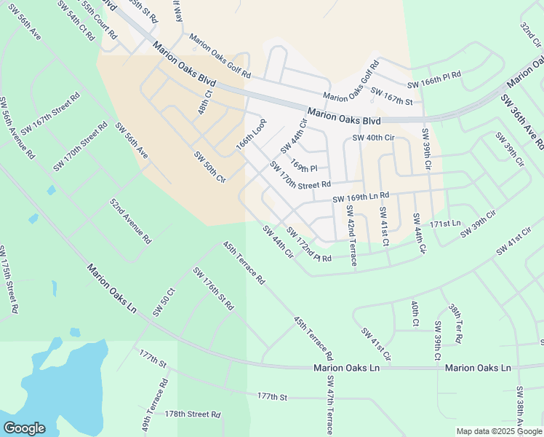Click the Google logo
point(24,428)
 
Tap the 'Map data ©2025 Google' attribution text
point(499,431)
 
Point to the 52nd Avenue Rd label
point(130,220)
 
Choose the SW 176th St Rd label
point(212,289)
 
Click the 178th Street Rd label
point(192,414)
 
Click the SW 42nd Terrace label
point(351,235)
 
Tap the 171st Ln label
point(446,223)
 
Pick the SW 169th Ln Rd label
point(361,197)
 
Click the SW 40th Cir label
point(373,138)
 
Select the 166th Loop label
point(251,134)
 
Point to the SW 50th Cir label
point(209,167)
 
